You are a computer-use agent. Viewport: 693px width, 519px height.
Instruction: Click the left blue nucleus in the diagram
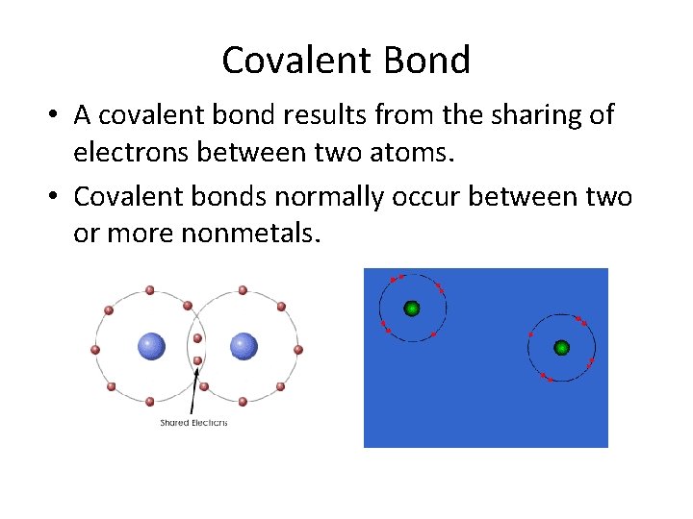[x=150, y=347]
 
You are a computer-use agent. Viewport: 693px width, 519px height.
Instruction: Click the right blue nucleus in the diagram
[x=244, y=347]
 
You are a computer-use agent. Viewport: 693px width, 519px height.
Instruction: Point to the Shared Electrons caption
[x=193, y=423]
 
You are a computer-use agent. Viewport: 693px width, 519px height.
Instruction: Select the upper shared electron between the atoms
[x=197, y=338]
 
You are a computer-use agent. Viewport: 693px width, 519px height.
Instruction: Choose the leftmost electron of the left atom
[x=95, y=349]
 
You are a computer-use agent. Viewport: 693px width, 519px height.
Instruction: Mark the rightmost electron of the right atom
[x=298, y=349]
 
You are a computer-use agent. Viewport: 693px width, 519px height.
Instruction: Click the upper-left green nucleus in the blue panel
[x=412, y=309]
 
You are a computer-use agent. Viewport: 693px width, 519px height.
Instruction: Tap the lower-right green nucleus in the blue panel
[x=561, y=347]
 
